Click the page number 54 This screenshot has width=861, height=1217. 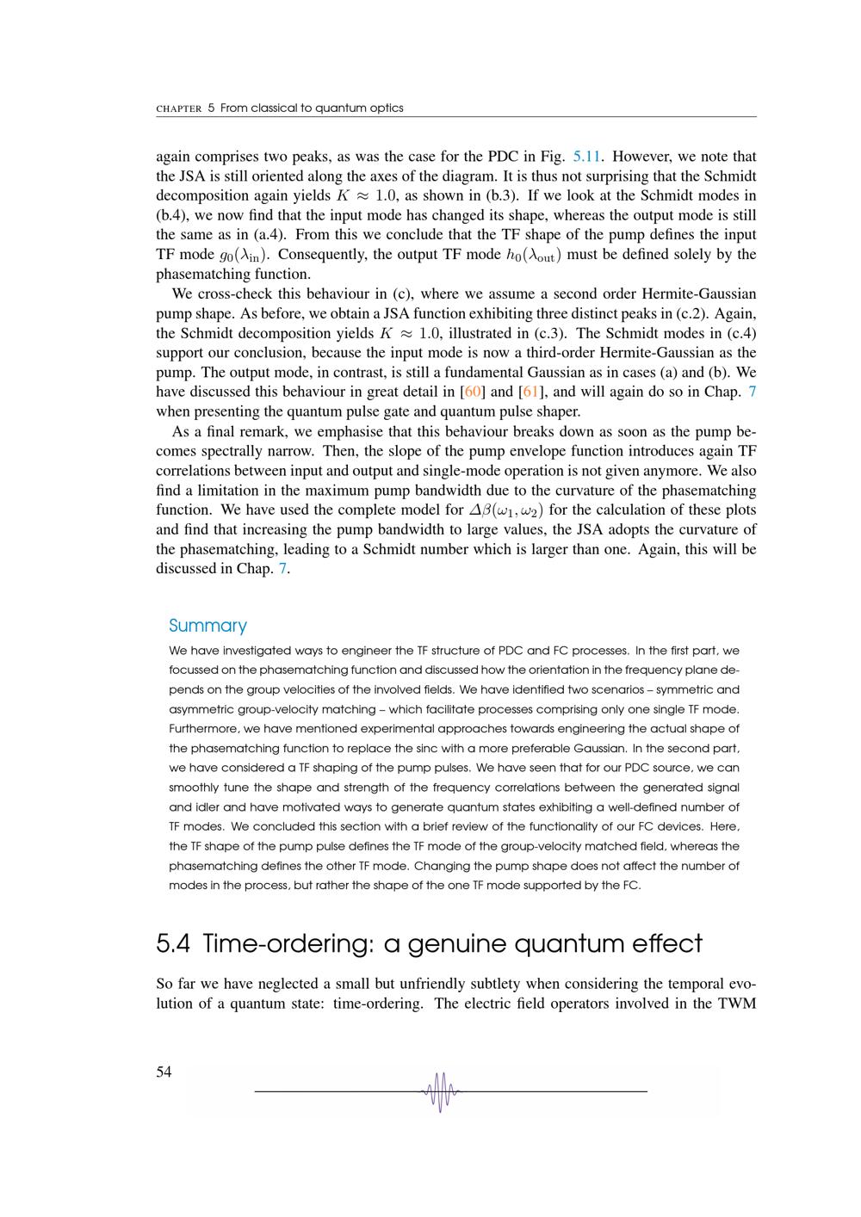[164, 1072]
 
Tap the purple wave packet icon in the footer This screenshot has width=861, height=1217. [441, 1091]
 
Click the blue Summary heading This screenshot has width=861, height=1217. [208, 626]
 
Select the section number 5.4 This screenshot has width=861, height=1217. [173, 944]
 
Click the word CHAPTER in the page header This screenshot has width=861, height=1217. [179, 108]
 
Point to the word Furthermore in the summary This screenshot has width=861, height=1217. [201, 728]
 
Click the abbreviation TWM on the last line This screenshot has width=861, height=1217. [736, 1004]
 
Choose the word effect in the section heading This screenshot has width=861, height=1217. [670, 944]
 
